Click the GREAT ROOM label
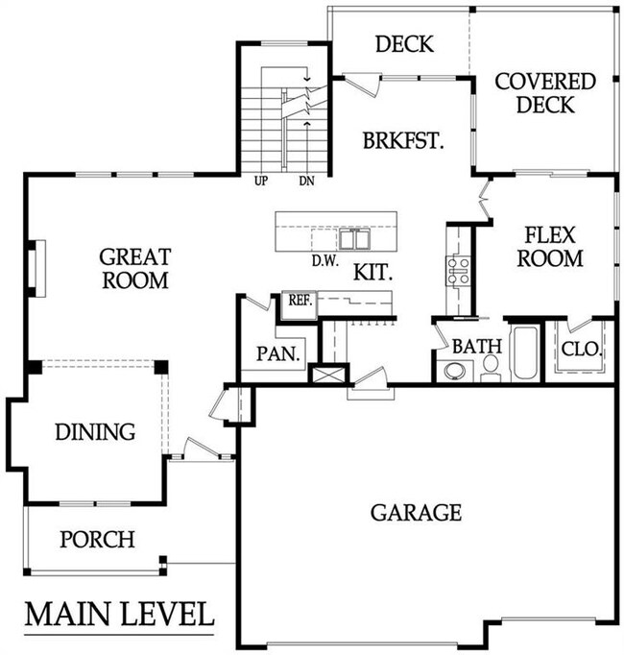click(135, 268)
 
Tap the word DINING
click(95, 431)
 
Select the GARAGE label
click(416, 513)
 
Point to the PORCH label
click(97, 540)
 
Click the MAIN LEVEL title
click(119, 614)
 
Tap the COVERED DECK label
click(545, 93)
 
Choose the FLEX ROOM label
click(550, 247)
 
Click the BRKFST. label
click(403, 140)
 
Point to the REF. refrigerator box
click(300, 304)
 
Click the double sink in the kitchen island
click(354, 239)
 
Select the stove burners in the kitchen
click(459, 271)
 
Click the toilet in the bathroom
click(491, 368)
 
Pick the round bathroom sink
click(453, 371)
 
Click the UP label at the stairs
click(261, 182)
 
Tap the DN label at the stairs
click(307, 182)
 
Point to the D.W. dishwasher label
click(324, 261)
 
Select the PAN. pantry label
click(278, 353)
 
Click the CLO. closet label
click(582, 349)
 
